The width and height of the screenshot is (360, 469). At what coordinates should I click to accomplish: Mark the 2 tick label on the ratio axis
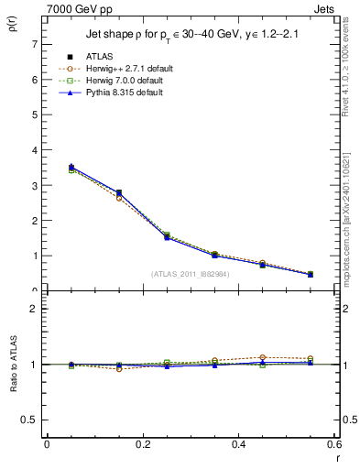[x=34, y=309]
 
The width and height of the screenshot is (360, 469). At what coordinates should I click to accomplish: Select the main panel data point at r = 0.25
[x=167, y=236]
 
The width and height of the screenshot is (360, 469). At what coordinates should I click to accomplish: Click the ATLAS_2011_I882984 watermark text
[x=191, y=273]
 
